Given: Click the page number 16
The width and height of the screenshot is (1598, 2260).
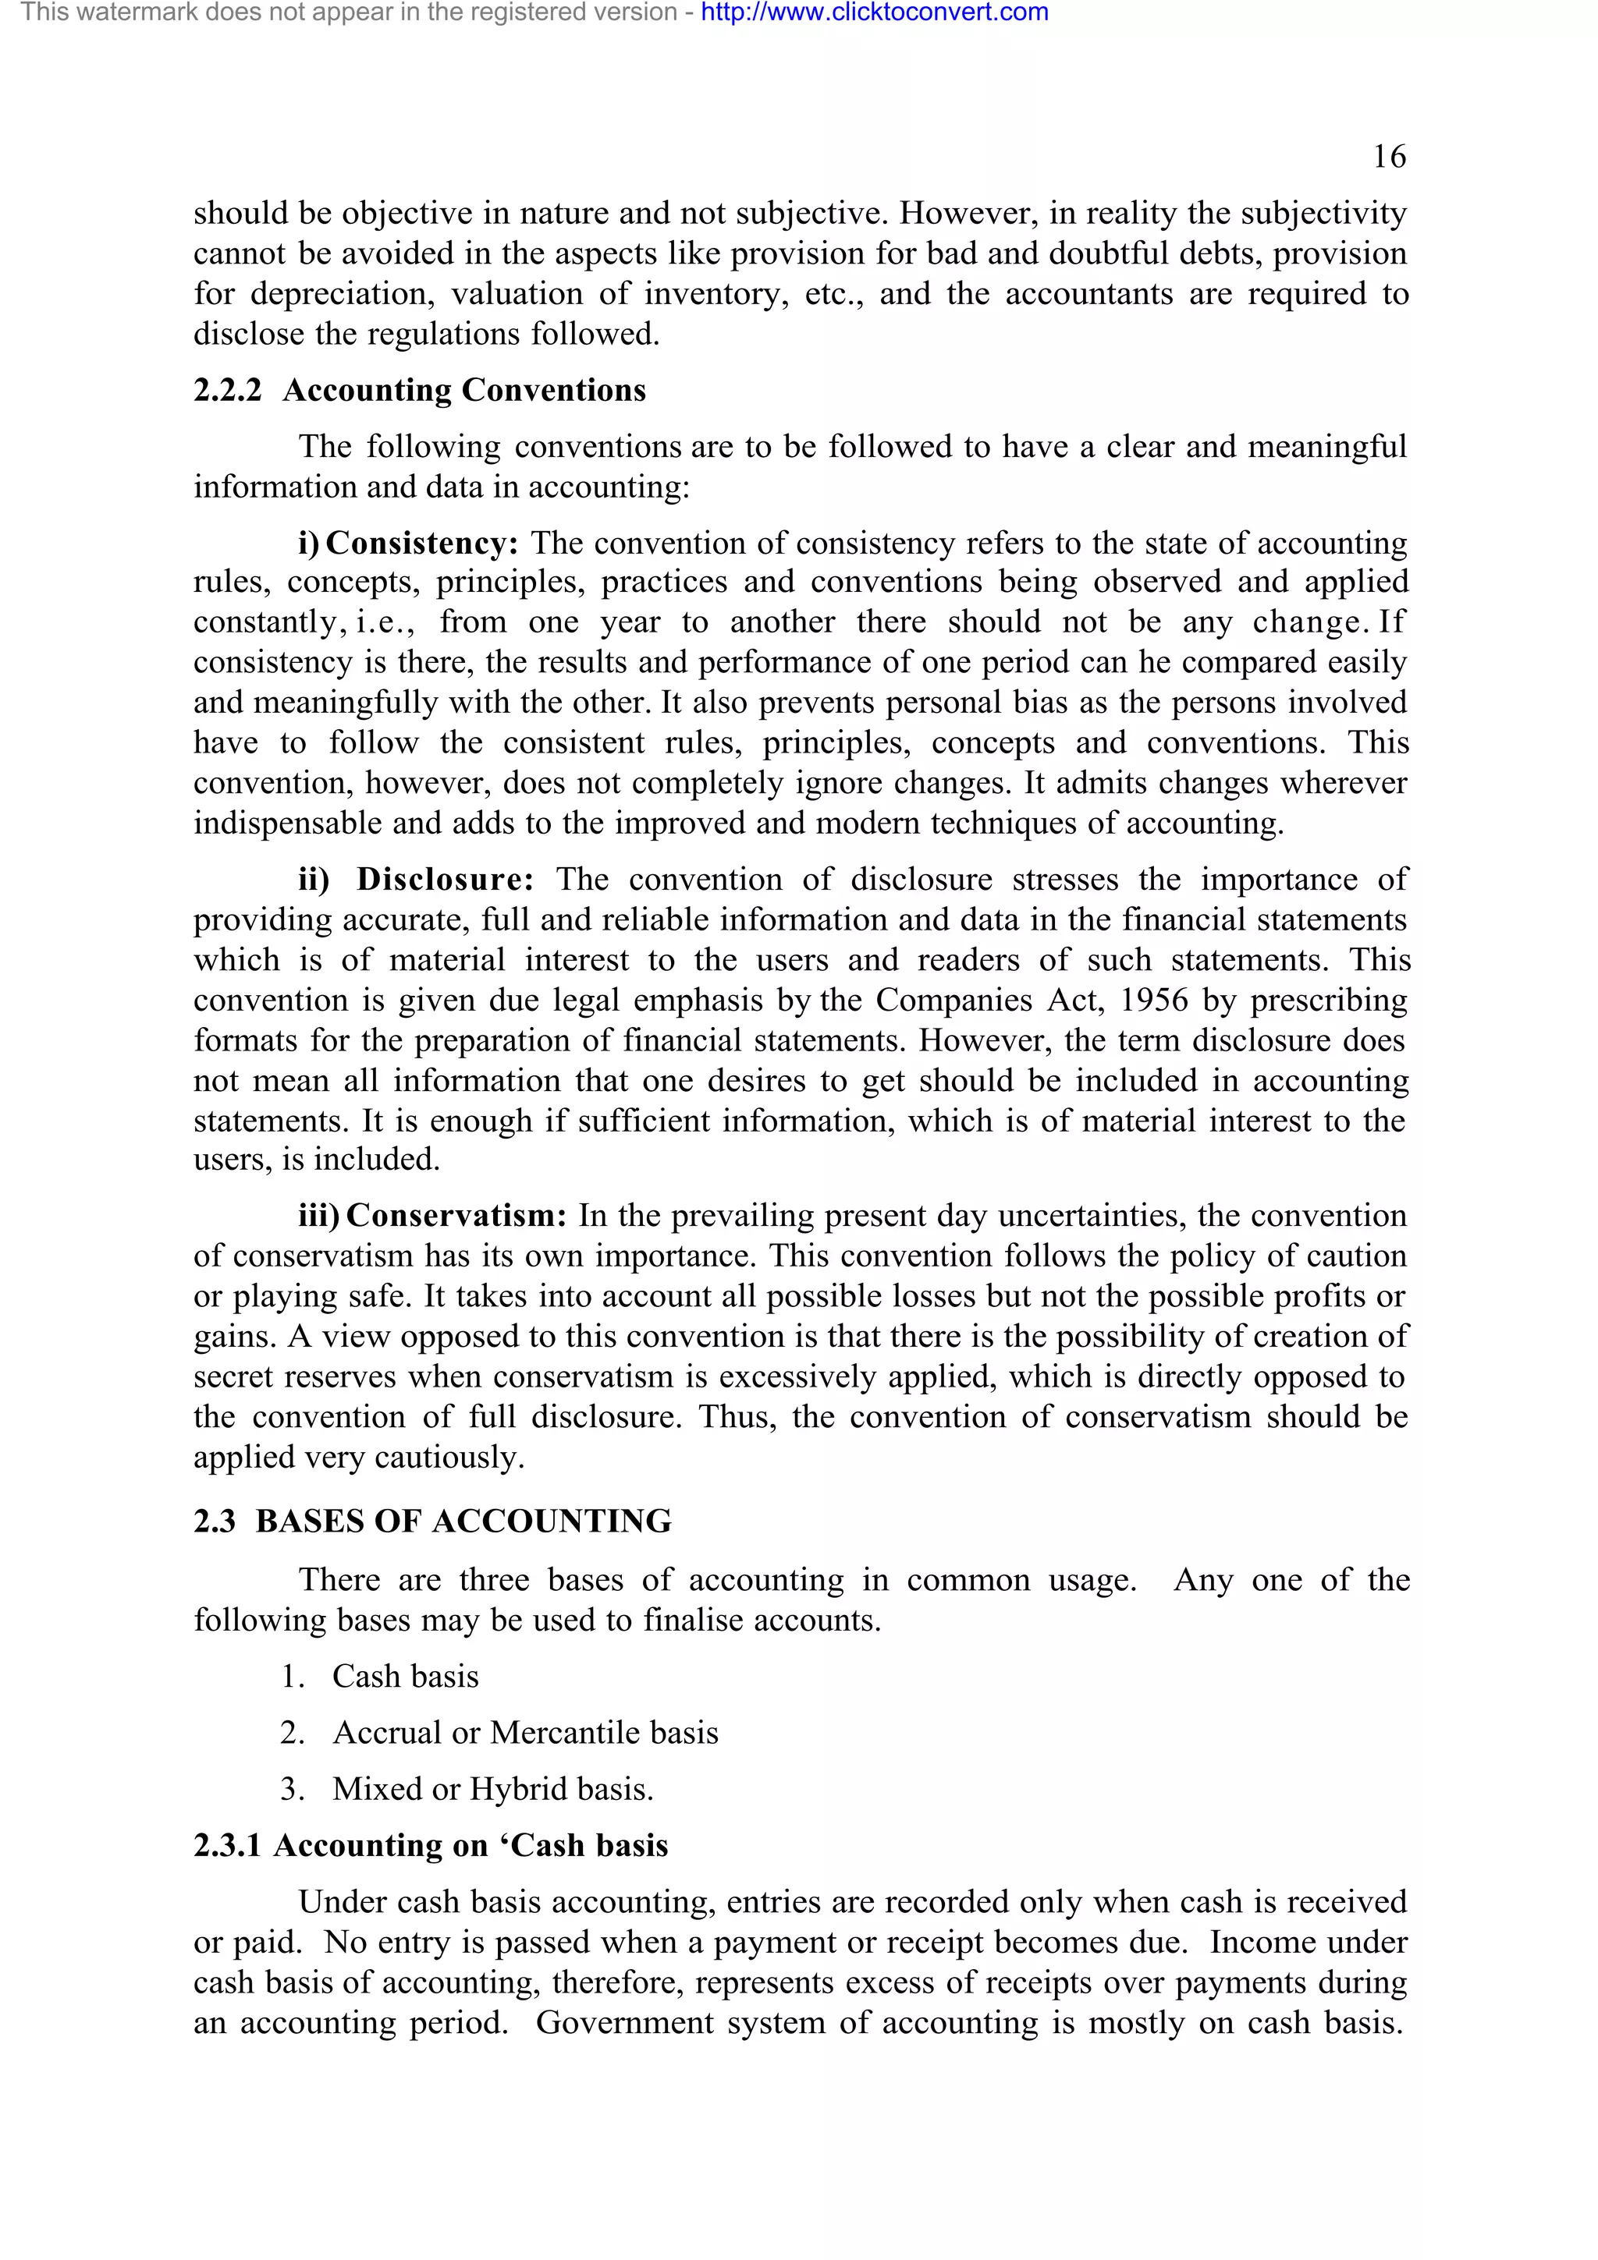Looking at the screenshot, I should [x=1389, y=157].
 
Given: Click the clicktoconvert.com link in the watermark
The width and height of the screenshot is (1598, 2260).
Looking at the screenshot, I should [x=875, y=12].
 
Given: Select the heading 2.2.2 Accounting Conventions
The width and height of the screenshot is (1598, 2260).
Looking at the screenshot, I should [x=420, y=391].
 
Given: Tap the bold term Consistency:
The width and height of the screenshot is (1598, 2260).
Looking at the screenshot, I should [x=421, y=544].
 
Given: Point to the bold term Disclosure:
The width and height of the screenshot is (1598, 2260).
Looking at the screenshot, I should [x=445, y=879].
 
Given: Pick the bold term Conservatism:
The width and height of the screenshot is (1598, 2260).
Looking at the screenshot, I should [x=456, y=1216].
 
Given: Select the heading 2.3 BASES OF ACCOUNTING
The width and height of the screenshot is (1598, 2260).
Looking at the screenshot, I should [x=432, y=1521].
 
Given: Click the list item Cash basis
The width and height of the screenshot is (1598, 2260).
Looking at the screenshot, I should [x=405, y=1677].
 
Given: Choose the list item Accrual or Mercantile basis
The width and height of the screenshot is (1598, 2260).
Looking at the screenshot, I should [x=525, y=1732].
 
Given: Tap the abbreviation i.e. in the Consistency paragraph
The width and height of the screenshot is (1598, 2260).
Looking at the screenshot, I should [x=385, y=622].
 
